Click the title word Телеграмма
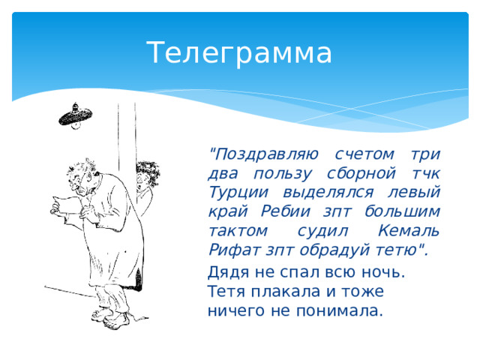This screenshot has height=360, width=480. (238, 53)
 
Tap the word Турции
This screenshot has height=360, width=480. (235, 193)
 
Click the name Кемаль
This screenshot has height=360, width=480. (409, 232)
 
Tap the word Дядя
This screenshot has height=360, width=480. (228, 272)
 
